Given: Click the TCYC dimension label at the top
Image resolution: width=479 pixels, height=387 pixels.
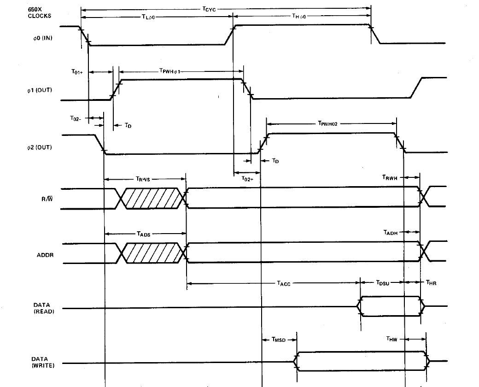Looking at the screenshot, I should pos(209,8).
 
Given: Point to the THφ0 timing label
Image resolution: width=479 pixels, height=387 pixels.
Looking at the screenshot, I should pos(300,17).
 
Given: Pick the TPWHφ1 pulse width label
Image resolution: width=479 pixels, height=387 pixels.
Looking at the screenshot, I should pos(172,72).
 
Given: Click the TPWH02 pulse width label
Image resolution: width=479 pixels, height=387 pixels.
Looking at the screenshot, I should pos(328,123).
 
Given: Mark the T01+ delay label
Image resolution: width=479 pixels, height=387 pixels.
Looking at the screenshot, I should pos(77,72).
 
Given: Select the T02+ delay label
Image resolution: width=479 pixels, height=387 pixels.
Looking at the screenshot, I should pos(247,178).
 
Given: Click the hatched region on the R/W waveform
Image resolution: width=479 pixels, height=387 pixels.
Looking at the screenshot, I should pos(152,198).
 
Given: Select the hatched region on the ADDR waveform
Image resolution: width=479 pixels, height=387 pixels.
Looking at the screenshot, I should pos(152,253).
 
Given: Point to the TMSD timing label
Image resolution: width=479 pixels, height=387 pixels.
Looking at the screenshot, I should pos(279,340).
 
